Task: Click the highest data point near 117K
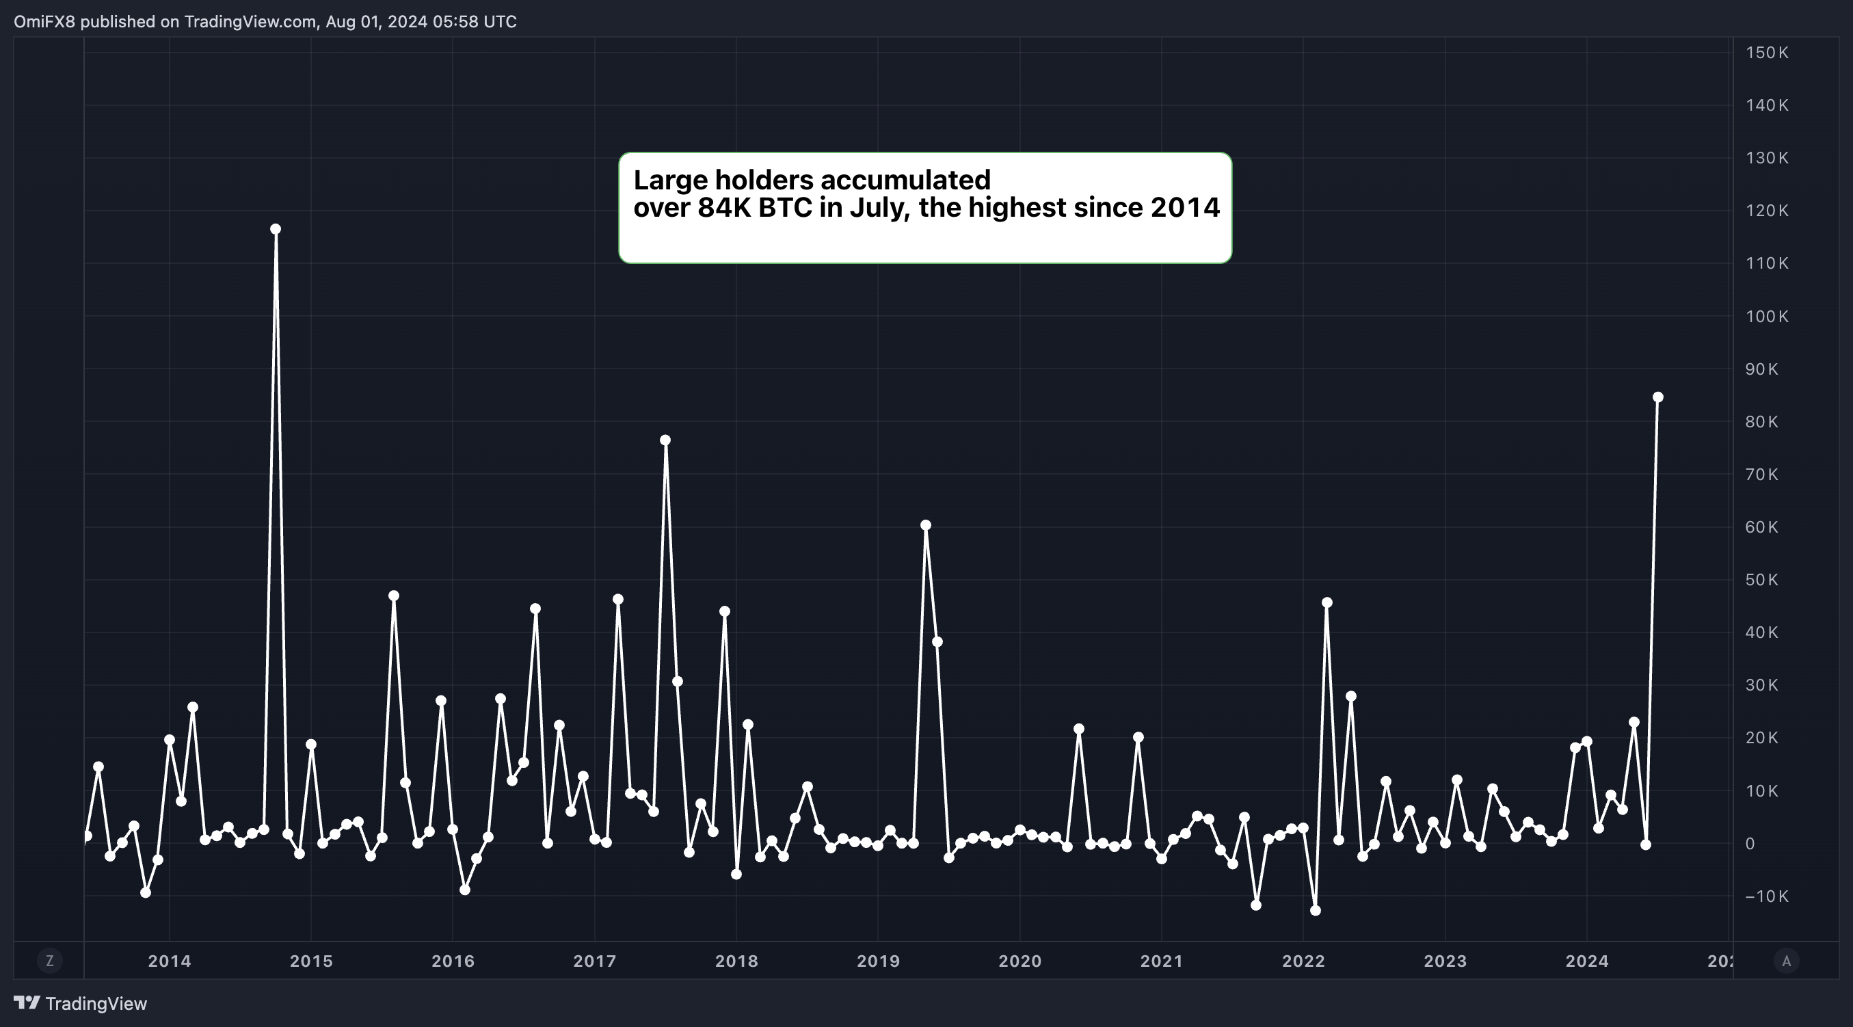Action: pos(276,230)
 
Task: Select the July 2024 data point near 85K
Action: pos(1658,397)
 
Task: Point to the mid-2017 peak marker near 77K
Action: pos(665,440)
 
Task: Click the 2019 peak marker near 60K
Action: pos(926,526)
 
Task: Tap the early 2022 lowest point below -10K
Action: pos(1316,911)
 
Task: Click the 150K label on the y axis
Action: pos(1767,53)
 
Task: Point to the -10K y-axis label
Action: pos(1767,896)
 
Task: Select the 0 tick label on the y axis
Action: pos(1750,844)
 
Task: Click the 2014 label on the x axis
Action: pos(170,961)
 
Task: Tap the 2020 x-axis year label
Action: pos(1020,961)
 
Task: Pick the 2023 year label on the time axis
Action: pos(1445,961)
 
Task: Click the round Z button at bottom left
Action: pos(50,960)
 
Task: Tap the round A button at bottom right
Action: pos(1786,960)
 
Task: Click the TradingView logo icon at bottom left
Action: pos(27,1002)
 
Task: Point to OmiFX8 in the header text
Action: pos(44,22)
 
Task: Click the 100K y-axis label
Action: pos(1767,317)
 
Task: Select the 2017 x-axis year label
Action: pos(595,961)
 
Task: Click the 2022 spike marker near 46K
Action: pos(1327,602)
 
